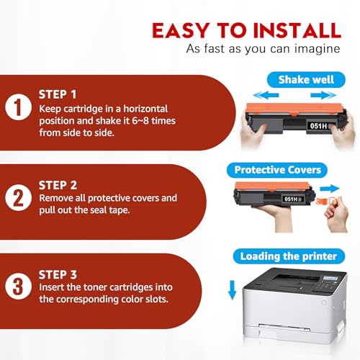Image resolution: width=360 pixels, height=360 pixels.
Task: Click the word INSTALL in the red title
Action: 297,30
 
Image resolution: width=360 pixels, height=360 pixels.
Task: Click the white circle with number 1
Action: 18,107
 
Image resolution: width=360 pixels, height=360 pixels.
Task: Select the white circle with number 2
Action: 18,198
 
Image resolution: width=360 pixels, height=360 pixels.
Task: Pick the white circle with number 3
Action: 18,287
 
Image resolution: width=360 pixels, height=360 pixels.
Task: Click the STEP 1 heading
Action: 58,94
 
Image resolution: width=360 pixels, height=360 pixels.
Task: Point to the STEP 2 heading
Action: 58,185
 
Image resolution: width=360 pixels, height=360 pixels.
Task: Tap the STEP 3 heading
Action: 58,274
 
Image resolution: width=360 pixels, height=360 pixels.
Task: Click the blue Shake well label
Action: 306,80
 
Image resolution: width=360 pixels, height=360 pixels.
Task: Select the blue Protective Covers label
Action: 277,170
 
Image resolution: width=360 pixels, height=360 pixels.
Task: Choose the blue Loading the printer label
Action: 289,256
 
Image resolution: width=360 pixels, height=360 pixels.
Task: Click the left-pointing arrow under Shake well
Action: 266,95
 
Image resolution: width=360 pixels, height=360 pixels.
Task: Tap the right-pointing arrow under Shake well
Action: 323,95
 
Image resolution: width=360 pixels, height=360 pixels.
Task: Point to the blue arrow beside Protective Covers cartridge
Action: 330,189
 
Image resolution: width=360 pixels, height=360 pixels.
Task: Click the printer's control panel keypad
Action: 324,287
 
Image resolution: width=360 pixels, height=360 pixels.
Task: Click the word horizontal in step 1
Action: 145,109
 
